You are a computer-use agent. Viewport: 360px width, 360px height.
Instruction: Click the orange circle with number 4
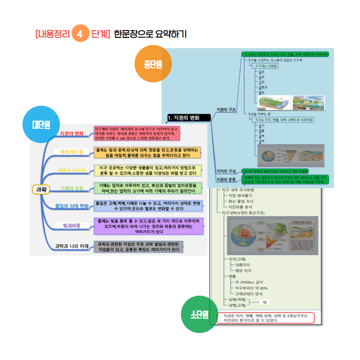click(80, 34)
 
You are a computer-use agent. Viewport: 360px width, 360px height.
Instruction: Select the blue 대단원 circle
click(40, 124)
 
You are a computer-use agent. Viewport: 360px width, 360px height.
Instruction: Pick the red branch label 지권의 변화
click(72, 134)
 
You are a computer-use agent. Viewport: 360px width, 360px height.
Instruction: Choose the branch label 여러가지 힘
click(72, 152)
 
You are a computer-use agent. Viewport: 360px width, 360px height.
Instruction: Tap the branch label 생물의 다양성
click(72, 170)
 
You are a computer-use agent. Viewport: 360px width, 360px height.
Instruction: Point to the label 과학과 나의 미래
click(71, 246)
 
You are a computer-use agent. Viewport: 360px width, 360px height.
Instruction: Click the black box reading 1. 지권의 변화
click(189, 118)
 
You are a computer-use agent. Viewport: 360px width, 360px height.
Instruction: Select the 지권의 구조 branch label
click(226, 109)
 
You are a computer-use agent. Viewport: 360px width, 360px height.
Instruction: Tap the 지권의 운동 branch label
click(226, 180)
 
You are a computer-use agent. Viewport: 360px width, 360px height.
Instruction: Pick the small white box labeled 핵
click(265, 302)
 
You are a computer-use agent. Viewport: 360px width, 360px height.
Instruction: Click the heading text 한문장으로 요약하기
click(150, 34)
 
